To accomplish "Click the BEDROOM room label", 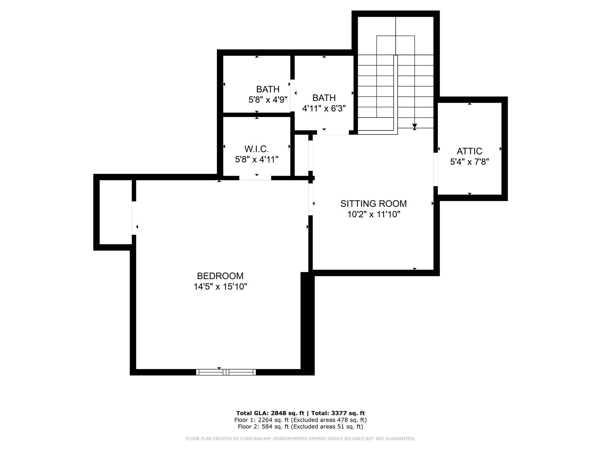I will click(220, 276).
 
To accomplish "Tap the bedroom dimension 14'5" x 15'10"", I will click(220, 287).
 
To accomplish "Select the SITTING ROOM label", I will click(374, 203).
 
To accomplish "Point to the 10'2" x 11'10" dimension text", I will click(374, 214).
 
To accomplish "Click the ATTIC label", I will click(469, 151).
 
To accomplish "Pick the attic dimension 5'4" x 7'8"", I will click(469, 162).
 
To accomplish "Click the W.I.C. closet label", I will click(256, 149).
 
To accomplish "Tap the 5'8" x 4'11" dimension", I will click(256, 159).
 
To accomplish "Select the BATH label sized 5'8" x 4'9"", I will click(268, 89).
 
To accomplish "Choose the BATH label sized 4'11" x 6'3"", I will click(324, 97).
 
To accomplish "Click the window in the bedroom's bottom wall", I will click(226, 372).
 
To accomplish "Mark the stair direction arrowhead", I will click(414, 126).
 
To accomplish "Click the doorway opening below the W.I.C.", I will click(255, 178).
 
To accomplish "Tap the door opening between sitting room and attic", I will click(436, 169).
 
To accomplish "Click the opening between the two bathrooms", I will click(293, 95).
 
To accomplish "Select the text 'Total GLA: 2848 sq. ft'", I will click(270, 413).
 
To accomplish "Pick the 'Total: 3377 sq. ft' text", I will click(338, 413).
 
